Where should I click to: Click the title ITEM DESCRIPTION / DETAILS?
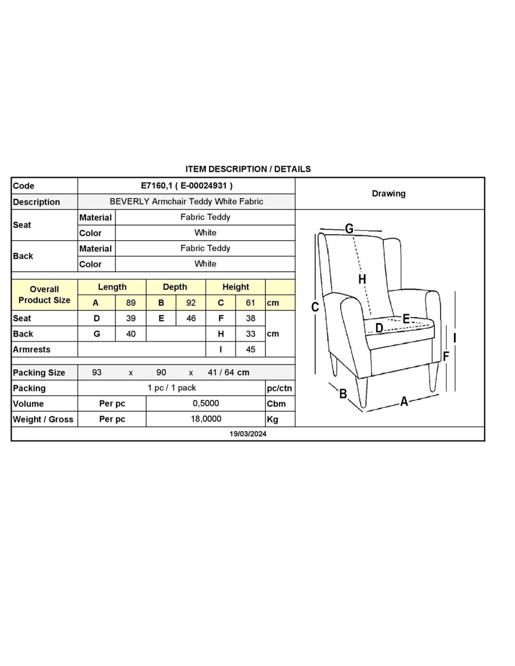(x=248, y=169)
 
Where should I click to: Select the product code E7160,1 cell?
(x=186, y=185)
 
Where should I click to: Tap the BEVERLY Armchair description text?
(x=186, y=201)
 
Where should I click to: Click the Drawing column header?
(x=389, y=193)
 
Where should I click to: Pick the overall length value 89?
(x=131, y=303)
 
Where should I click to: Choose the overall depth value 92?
(x=191, y=303)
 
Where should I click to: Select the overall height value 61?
(x=250, y=303)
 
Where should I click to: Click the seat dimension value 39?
(x=131, y=318)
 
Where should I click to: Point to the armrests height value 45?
(x=250, y=349)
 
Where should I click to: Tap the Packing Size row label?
(x=39, y=373)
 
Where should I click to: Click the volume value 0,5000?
(x=206, y=403)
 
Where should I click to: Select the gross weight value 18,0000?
(x=206, y=419)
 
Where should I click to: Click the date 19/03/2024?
(x=248, y=434)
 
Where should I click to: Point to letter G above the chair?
(x=349, y=229)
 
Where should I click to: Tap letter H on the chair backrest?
(x=362, y=280)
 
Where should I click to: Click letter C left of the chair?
(x=315, y=307)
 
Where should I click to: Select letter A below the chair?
(x=404, y=401)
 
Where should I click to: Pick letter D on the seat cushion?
(x=379, y=328)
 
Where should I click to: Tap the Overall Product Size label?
(x=44, y=295)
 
